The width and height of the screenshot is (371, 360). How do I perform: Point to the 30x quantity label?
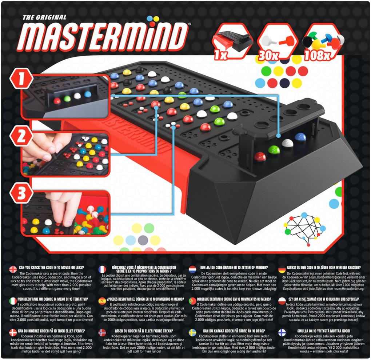coord(269,55)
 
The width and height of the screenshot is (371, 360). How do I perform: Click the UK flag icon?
coord(13,269)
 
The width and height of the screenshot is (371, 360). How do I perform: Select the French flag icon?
coord(102,269)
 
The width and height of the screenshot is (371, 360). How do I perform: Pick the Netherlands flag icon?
coord(192,269)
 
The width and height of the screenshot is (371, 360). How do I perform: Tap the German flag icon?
coord(282,269)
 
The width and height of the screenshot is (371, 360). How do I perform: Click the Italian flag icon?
coord(13,300)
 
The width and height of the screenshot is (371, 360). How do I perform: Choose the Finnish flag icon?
coord(282,332)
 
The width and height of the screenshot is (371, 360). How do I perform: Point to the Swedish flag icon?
coord(192,332)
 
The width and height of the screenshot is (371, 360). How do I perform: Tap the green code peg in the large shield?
coord(274,149)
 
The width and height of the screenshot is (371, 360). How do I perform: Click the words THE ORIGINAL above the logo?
coord(44,17)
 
